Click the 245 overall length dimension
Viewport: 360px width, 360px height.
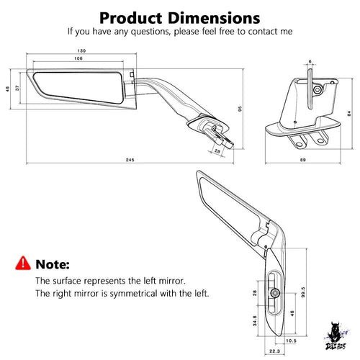(x=130, y=160)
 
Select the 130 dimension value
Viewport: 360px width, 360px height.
(x=81, y=50)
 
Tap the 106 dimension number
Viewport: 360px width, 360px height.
(x=78, y=58)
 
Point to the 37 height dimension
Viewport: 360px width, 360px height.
(x=17, y=88)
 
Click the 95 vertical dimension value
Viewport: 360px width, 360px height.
(x=240, y=109)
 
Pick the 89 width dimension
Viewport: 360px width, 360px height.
(x=303, y=160)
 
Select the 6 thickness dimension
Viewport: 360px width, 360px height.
(x=310, y=62)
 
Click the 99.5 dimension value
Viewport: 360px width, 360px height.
(x=303, y=292)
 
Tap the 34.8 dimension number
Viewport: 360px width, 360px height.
(x=255, y=320)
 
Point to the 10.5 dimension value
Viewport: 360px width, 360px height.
(x=291, y=341)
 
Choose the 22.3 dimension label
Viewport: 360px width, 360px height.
(x=274, y=351)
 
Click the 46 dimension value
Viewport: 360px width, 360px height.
(x=292, y=313)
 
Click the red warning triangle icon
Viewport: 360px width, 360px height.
(x=23, y=264)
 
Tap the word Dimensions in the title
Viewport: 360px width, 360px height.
(x=214, y=18)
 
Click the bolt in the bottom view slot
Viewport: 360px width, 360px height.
(x=275, y=293)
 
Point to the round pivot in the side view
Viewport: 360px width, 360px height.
(x=318, y=90)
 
